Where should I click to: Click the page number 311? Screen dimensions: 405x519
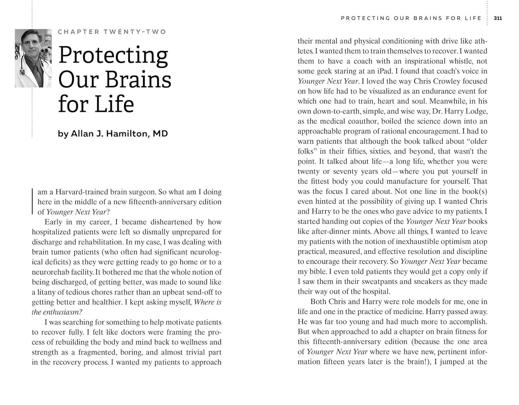pyautogui.click(x=498, y=18)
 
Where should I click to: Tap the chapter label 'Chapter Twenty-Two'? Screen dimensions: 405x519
pyautogui.click(x=112, y=32)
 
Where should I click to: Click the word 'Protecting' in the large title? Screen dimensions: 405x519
pyautogui.click(x=113, y=56)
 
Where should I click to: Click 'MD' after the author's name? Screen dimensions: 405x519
pyautogui.click(x=160, y=134)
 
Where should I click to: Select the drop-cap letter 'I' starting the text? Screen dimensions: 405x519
pyautogui.click(x=33, y=201)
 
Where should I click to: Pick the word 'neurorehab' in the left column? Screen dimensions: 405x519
pyautogui.click(x=49, y=272)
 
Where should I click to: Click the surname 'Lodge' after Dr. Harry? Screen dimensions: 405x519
pyautogui.click(x=476, y=111)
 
